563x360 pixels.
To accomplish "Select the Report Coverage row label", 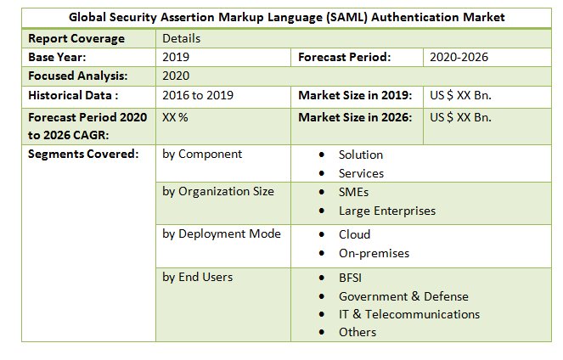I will (x=76, y=38).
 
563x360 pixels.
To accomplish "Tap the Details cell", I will (x=181, y=39).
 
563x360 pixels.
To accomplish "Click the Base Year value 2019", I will (x=176, y=57).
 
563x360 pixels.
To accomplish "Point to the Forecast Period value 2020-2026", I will (x=459, y=57).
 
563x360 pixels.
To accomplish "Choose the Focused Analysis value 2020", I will (x=176, y=76).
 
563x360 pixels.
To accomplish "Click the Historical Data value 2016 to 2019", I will (x=198, y=95).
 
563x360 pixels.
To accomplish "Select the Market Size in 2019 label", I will (x=355, y=95).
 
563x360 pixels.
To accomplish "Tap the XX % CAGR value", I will (x=175, y=117).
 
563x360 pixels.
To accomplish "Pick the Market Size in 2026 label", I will (x=355, y=117).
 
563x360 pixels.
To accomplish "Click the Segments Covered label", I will (x=83, y=155).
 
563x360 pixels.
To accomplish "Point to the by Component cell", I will (x=202, y=155).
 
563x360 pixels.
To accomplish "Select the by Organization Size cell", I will (x=218, y=191).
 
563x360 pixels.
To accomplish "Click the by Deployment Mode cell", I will (x=222, y=233).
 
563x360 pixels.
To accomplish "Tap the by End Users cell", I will (x=197, y=276).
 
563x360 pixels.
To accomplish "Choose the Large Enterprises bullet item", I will (x=386, y=211).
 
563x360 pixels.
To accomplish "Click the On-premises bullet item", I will (x=374, y=253).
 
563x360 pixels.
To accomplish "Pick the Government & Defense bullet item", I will (x=403, y=296).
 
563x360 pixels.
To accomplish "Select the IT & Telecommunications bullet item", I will (x=408, y=314).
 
